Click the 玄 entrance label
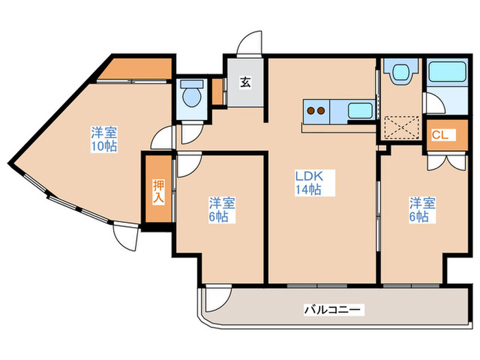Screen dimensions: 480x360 click(x=245, y=83)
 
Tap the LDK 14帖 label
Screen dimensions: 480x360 click(x=309, y=183)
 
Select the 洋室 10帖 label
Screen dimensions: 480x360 click(x=104, y=139)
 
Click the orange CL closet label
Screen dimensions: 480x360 click(x=440, y=135)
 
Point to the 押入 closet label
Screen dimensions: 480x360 click(x=158, y=191)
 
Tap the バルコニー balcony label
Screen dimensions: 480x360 click(x=332, y=310)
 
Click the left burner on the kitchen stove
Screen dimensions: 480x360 click(x=311, y=110)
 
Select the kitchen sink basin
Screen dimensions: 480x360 click(x=360, y=110)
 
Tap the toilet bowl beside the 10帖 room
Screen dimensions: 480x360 click(x=192, y=95)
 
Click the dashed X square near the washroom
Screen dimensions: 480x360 click(x=402, y=127)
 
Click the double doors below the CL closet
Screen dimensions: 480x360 click(x=448, y=163)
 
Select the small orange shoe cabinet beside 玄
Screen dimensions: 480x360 click(x=217, y=92)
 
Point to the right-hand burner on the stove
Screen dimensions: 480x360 click(x=321, y=110)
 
